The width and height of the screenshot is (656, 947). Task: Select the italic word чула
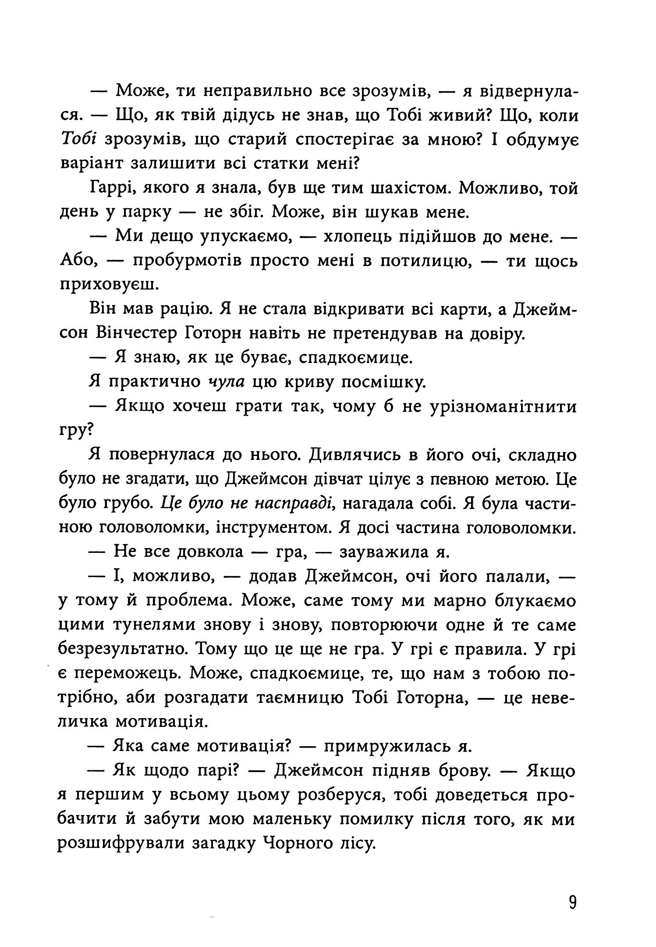coord(226,383)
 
